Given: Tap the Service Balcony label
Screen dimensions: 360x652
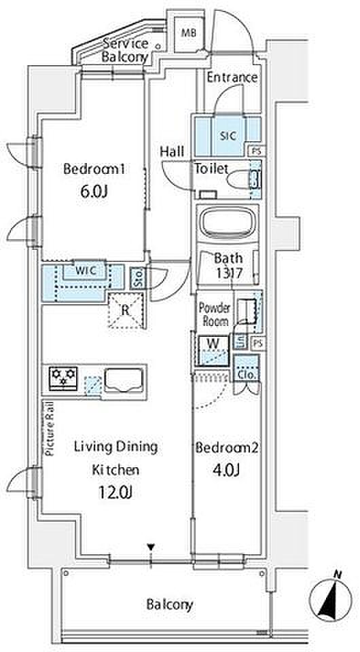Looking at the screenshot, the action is (x=126, y=50).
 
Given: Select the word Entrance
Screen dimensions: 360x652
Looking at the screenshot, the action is (x=232, y=77).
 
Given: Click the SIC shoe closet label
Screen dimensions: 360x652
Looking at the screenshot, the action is (x=228, y=136).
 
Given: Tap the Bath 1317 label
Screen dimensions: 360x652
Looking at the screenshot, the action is (x=228, y=266).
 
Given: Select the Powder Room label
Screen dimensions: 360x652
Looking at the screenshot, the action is (x=214, y=314).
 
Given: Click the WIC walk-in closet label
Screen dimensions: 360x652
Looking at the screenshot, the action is (x=86, y=270).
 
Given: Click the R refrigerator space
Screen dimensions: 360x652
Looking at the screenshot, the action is (x=126, y=310).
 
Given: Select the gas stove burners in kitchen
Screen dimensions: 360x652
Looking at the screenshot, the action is (x=64, y=378).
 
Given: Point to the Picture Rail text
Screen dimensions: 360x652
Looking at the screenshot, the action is (x=50, y=429).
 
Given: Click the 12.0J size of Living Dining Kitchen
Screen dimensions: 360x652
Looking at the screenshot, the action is (x=115, y=493).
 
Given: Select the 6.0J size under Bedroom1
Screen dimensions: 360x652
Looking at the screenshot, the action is (x=94, y=192).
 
